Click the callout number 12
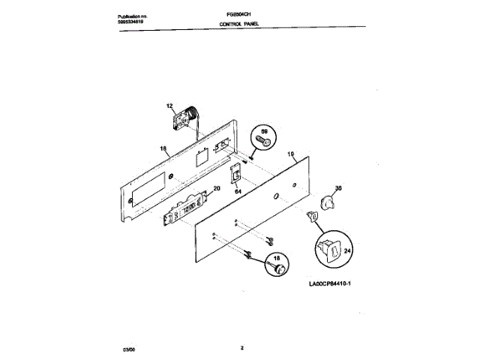pos(169,106)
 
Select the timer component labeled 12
pos(184,119)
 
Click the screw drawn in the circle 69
pos(262,139)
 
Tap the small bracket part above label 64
pos(236,174)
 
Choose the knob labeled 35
pos(328,202)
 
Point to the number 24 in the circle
pos(346,252)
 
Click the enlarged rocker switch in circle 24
pos(329,248)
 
